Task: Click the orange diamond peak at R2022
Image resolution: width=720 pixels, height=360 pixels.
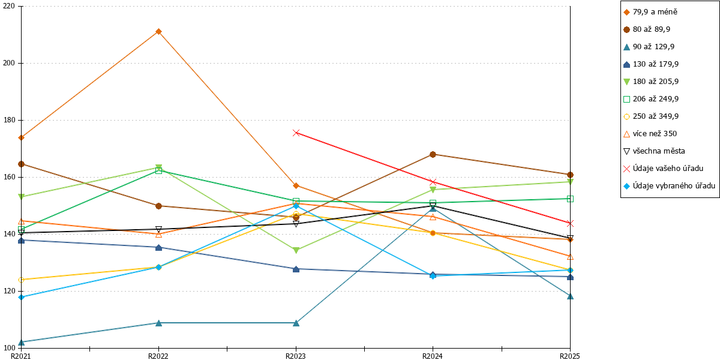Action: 158,31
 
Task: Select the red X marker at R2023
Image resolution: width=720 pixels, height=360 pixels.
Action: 296,133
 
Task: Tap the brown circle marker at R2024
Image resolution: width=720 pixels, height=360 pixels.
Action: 433,155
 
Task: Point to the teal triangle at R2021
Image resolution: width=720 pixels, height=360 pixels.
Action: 21,343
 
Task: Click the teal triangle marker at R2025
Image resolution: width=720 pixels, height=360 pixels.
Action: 570,296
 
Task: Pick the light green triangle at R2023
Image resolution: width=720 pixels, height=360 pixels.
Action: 296,250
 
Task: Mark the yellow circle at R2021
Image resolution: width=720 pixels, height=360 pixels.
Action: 21,280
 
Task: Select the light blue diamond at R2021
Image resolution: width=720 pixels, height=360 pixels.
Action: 21,298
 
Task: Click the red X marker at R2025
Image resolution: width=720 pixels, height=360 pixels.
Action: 570,223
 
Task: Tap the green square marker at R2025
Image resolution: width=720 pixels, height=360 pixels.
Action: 570,199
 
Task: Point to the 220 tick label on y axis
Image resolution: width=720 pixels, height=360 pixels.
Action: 8,6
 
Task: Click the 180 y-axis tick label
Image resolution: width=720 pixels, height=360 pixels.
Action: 8,120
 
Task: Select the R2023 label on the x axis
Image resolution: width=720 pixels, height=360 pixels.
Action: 296,356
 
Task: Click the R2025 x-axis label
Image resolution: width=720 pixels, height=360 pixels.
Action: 570,356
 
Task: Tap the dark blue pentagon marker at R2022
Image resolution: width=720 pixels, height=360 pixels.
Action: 158,247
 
